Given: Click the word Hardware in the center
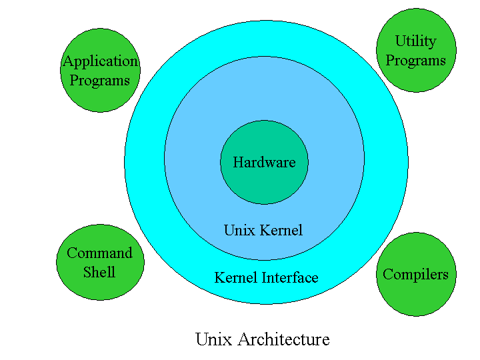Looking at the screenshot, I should tap(264, 162).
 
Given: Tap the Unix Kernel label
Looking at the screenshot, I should tap(263, 231).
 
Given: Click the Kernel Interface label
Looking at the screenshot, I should tap(266, 277).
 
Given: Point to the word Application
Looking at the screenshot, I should tap(100, 61).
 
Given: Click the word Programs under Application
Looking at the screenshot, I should tap(100, 81).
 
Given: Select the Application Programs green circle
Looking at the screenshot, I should tap(100, 97).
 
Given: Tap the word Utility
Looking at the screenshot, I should tap(415, 41).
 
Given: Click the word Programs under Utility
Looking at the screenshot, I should tap(415, 61).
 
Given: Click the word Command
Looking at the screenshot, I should tap(99, 253).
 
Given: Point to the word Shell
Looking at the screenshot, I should tap(99, 272).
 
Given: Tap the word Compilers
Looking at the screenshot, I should tap(415, 274).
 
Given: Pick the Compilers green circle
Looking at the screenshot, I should tap(415, 297).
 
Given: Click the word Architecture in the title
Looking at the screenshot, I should tap(281, 339).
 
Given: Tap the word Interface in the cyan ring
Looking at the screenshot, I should tap(289, 277).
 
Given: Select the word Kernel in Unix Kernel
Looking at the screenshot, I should tap(281, 231).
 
